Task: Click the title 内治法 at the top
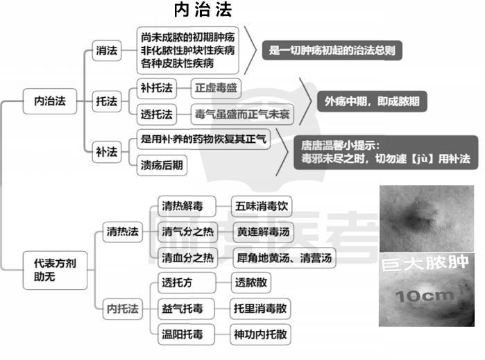(203, 10)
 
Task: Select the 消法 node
(107, 51)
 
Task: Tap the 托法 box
(107, 101)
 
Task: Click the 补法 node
(107, 152)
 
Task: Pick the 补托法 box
(157, 88)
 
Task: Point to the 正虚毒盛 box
(216, 88)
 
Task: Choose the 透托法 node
(157, 114)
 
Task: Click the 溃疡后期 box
(162, 165)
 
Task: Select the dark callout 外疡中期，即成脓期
(372, 101)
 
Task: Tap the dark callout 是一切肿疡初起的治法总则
(332, 51)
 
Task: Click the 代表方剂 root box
(55, 271)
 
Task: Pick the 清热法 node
(123, 232)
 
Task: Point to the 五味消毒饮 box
(262, 206)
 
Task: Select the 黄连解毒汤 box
(263, 232)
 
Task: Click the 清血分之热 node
(188, 257)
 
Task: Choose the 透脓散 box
(251, 283)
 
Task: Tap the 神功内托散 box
(260, 334)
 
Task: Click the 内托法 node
(123, 309)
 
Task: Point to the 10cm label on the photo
(425, 296)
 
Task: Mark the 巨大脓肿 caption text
(425, 264)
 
